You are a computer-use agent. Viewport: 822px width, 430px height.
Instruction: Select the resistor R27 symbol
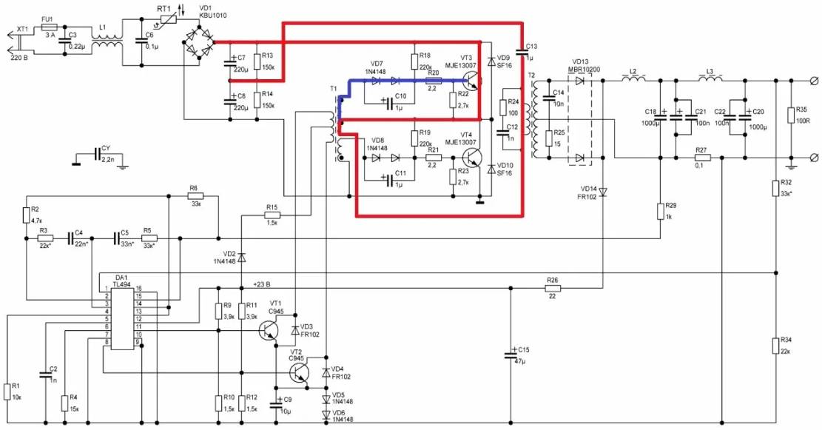pos(702,158)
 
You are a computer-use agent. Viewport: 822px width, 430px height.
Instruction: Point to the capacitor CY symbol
pos(97,155)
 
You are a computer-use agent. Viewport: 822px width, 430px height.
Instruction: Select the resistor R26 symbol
pos(551,289)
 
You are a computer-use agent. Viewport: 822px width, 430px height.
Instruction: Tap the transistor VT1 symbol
pos(268,329)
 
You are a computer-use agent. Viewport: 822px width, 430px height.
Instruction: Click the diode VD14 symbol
pos(603,192)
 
